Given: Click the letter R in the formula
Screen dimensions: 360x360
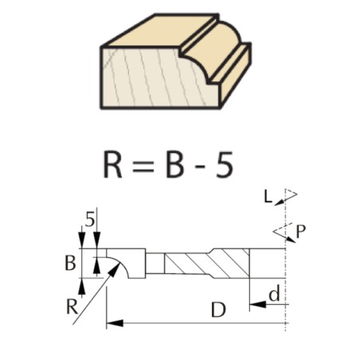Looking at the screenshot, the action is pyautogui.click(x=112, y=164).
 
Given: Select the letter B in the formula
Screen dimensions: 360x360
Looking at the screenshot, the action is pyautogui.click(x=174, y=164).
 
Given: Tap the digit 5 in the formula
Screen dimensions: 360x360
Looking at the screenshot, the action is pyautogui.click(x=225, y=164).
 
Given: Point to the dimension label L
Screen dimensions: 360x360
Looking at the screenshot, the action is pyautogui.click(x=268, y=197).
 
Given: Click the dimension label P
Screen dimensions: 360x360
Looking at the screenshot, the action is pyautogui.click(x=300, y=232).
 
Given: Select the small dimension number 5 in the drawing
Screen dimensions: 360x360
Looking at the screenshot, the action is pyautogui.click(x=90, y=220).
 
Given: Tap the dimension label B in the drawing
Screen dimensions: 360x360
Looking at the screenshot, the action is pyautogui.click(x=70, y=264).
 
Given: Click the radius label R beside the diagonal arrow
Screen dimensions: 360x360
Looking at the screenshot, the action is pyautogui.click(x=72, y=307).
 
